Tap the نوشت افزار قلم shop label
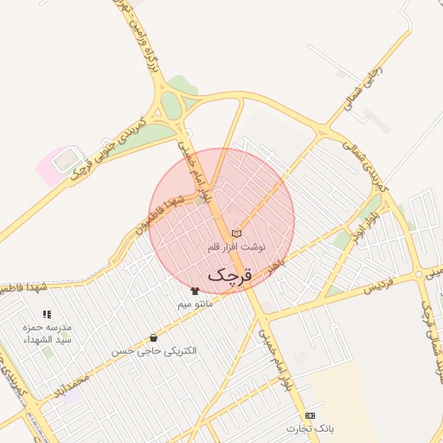[236, 247]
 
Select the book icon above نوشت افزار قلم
[236, 234]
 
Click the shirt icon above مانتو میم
[195, 292]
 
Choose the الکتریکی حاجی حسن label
[153, 351]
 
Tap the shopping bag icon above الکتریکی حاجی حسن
[153, 338]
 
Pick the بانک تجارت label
[310, 428]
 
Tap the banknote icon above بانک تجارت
[310, 415]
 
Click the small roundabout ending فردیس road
[419, 274]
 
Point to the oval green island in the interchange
[170, 106]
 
